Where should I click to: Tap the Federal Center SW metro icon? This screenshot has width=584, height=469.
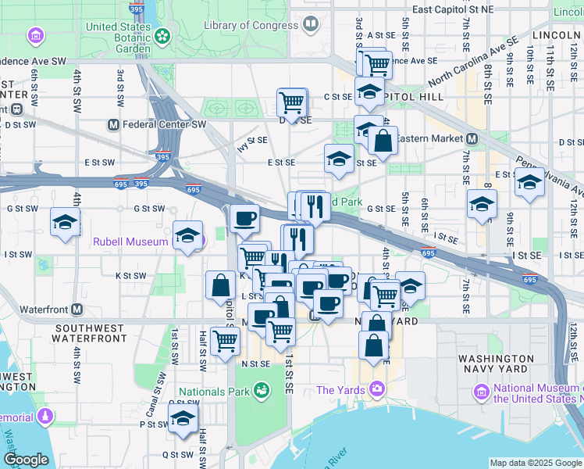coord(113,124)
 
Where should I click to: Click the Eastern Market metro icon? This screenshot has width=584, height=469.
coord(472,138)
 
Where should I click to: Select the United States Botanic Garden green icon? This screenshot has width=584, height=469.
coord(162,36)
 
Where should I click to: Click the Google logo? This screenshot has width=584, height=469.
coord(26,460)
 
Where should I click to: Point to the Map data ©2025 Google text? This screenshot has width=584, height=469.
coord(535,463)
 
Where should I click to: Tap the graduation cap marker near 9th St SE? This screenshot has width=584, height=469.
coord(529,184)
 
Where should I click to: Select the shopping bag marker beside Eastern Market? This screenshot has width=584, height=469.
coord(383,142)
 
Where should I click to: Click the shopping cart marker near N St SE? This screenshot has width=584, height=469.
coord(225,340)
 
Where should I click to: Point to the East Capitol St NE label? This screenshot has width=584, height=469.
coord(454,9)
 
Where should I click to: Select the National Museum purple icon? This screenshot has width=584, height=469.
coord(481,390)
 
